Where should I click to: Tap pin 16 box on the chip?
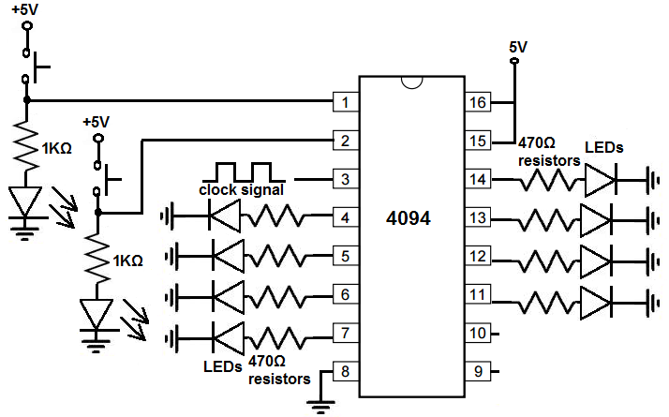pyautogui.click(x=479, y=101)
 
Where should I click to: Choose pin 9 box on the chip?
pyautogui.click(x=479, y=372)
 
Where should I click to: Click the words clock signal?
pyautogui.click(x=242, y=190)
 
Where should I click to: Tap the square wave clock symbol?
pyautogui.click(x=242, y=171)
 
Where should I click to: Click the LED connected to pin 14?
pyautogui.click(x=600, y=179)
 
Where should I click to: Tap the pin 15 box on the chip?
pyautogui.click(x=479, y=141)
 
